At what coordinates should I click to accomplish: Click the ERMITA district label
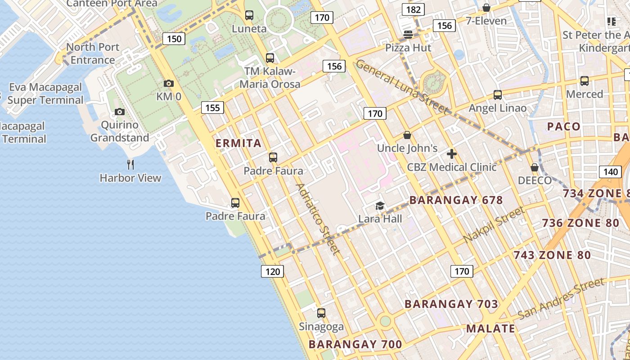[x=238, y=143]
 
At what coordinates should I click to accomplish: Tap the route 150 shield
[x=174, y=39]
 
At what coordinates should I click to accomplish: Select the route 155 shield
[x=212, y=107]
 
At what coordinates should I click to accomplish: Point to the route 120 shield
[x=272, y=271]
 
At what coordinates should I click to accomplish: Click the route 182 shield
[x=413, y=9]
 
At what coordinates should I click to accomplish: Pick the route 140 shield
[x=611, y=171]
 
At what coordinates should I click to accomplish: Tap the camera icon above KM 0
[x=169, y=83]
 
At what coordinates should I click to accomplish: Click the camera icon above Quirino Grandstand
[x=119, y=112]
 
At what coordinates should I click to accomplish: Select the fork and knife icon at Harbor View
[x=130, y=164]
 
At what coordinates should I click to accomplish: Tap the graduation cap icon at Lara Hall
[x=380, y=206]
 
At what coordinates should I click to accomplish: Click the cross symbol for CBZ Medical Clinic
[x=451, y=154]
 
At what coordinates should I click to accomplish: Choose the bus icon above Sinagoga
[x=321, y=313]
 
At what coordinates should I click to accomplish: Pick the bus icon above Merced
[x=584, y=81]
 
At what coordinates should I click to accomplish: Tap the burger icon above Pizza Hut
[x=408, y=34]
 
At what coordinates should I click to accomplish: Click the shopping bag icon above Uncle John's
[x=407, y=135]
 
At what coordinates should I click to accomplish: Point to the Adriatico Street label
[x=318, y=219]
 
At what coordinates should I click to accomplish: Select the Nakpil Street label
[x=494, y=225]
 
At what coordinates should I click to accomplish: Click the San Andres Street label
[x=561, y=298]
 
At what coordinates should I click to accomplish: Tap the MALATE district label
[x=490, y=328]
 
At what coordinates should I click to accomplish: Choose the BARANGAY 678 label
[x=456, y=200]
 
